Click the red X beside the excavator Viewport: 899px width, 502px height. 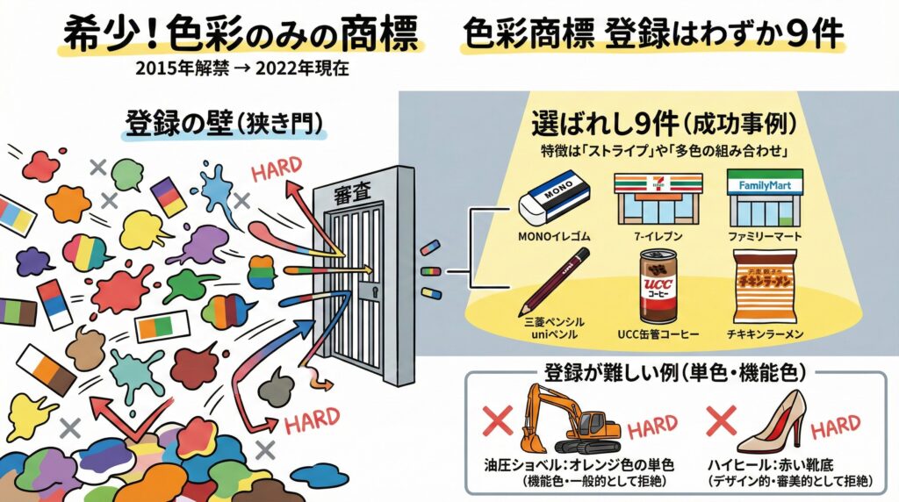point(498,423)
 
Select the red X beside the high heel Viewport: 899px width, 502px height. point(723,422)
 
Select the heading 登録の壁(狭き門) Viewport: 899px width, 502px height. point(223,125)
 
